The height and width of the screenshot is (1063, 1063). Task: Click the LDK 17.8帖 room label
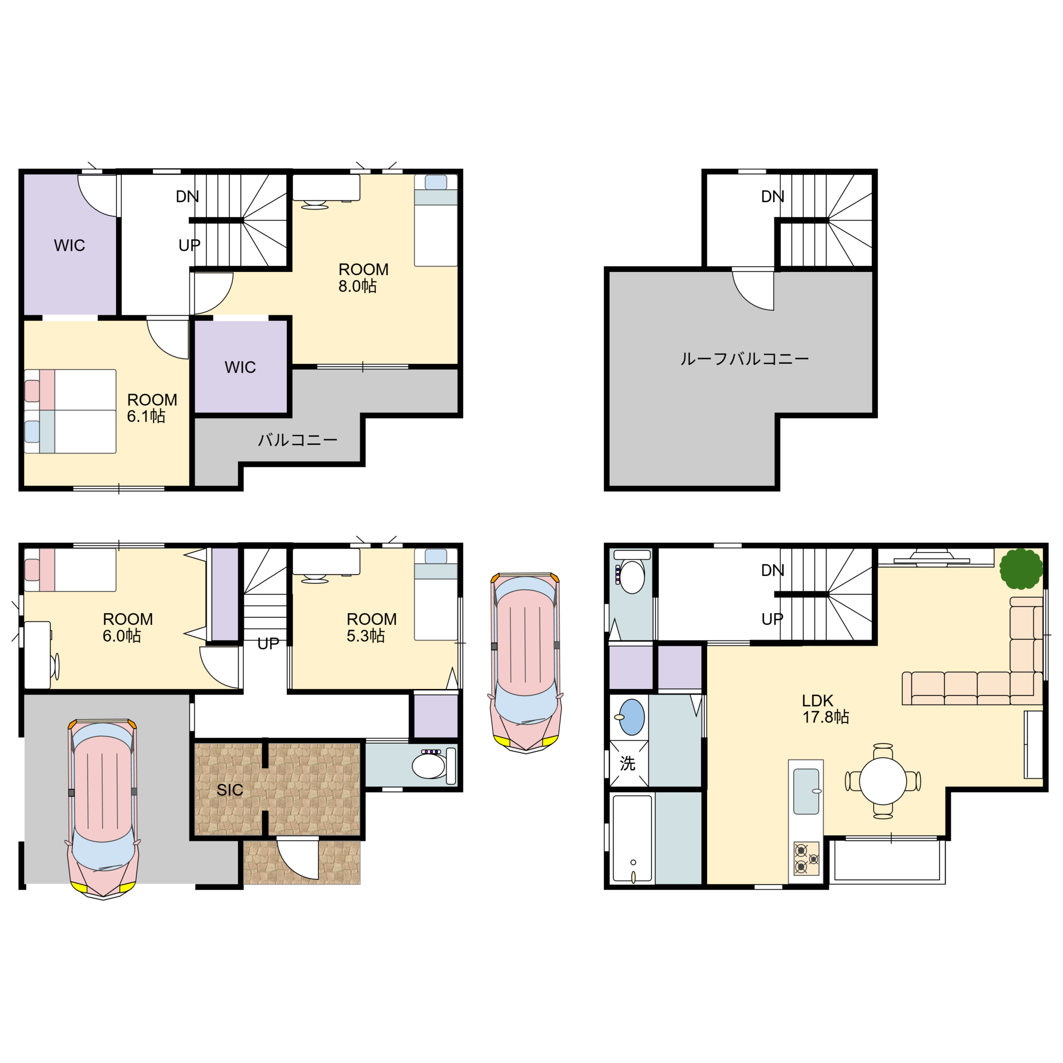pos(825,709)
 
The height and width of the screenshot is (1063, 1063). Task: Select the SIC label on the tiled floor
pos(230,790)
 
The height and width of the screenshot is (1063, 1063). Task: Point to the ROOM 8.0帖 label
pos(363,278)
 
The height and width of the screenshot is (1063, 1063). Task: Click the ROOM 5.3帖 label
pos(371,627)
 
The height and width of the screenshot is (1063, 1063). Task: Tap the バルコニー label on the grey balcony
pos(298,440)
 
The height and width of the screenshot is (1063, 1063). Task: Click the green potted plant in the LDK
pos(1021,569)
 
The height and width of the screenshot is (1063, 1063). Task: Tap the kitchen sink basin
pos(806,791)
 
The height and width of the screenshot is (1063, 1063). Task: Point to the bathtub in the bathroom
pos(633,838)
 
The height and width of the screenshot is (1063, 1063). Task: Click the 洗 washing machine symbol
pos(628,763)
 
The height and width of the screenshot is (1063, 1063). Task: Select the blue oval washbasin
pos(632,717)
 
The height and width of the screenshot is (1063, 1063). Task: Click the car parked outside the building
pos(525,663)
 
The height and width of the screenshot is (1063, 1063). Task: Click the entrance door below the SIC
pos(298,858)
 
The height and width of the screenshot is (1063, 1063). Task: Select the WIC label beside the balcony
pos(240,367)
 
